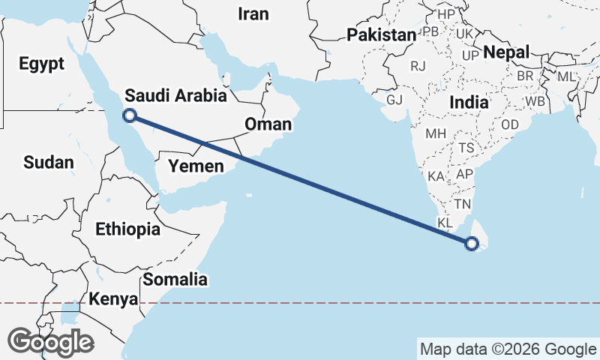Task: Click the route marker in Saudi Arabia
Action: [x=130, y=115]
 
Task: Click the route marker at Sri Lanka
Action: [x=472, y=243]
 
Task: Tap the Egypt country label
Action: [x=42, y=64]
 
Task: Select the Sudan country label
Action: [x=49, y=162]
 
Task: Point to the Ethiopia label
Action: [x=127, y=229]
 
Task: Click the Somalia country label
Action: [x=175, y=280]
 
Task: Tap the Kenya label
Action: [x=113, y=299]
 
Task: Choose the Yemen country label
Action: [x=196, y=166]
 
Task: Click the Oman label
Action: [x=268, y=124]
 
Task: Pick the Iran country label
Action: [x=252, y=13]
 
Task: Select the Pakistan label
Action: [x=381, y=34]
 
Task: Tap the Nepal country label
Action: [x=506, y=52]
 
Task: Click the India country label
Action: [x=469, y=102]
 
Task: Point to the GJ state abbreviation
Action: [x=394, y=100]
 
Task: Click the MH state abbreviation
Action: [x=436, y=134]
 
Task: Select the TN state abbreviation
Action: [x=462, y=204]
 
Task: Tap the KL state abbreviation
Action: [x=445, y=223]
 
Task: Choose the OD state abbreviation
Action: [x=510, y=124]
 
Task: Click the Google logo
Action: [x=50, y=342]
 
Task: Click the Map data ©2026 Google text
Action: [x=508, y=349]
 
